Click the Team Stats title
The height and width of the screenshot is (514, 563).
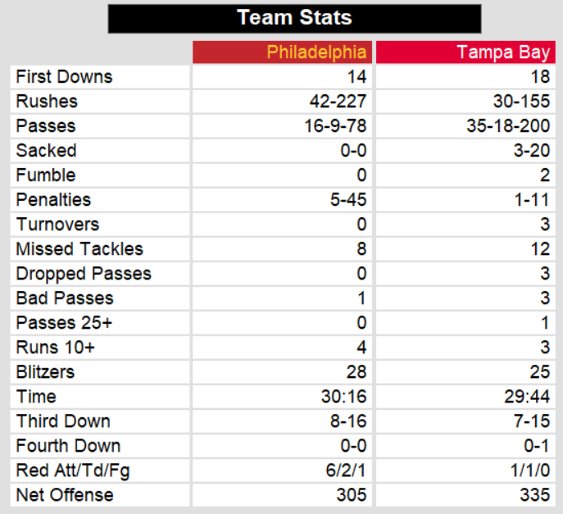pyautogui.click(x=294, y=17)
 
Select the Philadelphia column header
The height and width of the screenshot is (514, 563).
pyautogui.click(x=316, y=52)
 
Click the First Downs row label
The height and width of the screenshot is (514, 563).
pyautogui.click(x=64, y=77)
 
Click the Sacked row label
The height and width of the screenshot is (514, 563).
pyautogui.click(x=46, y=151)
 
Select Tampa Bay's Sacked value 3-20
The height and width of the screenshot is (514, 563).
pyautogui.click(x=537, y=151)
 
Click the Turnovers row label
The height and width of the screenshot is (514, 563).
pyautogui.click(x=57, y=225)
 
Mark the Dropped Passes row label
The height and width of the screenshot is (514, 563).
pyautogui.click(x=84, y=274)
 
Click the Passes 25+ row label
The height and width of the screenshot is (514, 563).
pyautogui.click(x=64, y=323)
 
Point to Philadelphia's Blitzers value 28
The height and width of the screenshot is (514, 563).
pyautogui.click(x=356, y=372)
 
